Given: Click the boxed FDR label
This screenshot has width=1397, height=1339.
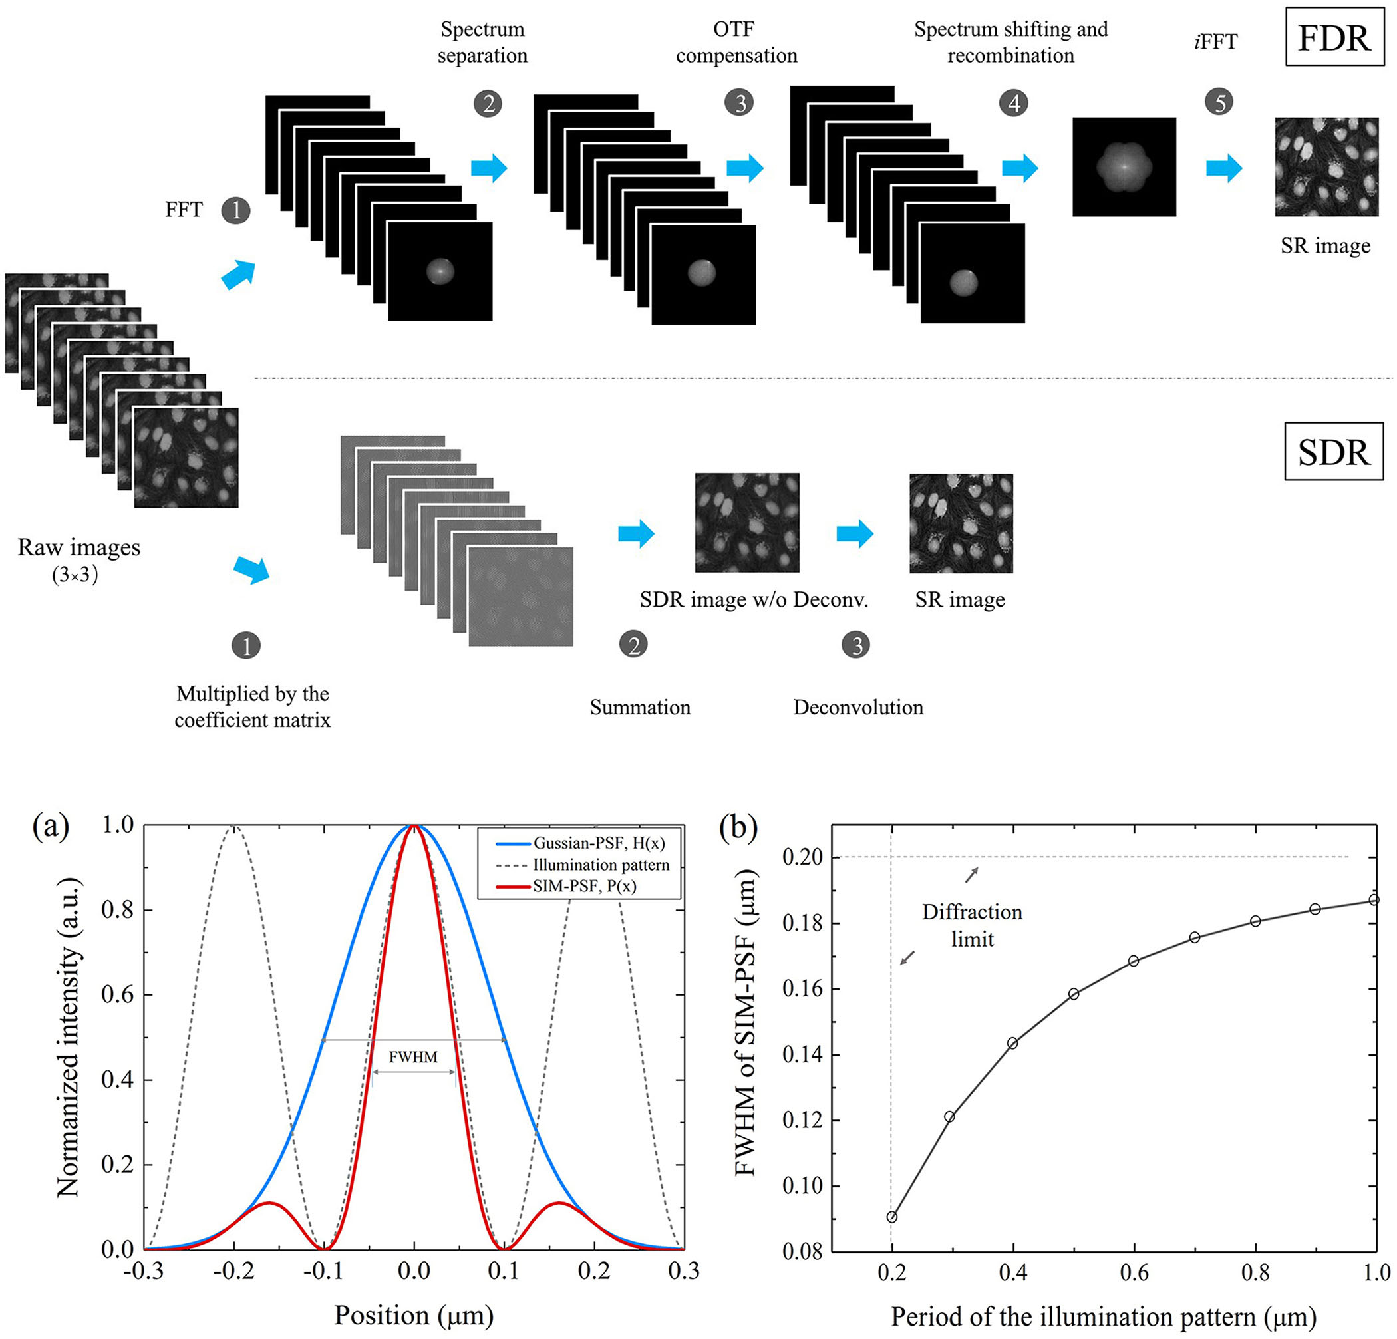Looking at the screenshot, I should tap(1334, 39).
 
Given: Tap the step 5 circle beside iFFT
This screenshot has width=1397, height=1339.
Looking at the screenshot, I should tap(1219, 102).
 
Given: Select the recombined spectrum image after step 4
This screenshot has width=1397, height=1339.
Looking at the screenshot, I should tap(1124, 167).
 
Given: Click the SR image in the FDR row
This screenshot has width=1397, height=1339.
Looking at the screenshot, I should tap(1326, 167).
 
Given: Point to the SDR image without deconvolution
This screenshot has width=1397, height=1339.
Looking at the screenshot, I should tap(747, 522).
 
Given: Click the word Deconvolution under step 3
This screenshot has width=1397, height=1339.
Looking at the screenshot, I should tap(858, 708).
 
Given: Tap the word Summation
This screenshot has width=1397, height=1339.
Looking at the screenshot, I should tap(640, 708).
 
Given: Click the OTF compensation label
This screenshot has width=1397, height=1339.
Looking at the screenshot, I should tap(736, 42).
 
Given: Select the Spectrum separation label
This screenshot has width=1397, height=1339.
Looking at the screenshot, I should tap(482, 42).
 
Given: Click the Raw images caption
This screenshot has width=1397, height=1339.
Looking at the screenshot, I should tap(78, 547).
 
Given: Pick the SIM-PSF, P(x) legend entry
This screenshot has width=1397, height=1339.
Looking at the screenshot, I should tap(585, 886).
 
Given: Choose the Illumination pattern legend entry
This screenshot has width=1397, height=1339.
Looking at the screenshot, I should tap(601, 865).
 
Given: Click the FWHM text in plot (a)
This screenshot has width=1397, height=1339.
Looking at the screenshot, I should tap(413, 1056).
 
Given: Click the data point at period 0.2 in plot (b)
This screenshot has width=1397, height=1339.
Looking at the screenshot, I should tap(891, 1217).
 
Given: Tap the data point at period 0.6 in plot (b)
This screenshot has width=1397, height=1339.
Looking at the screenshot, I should tap(1134, 961).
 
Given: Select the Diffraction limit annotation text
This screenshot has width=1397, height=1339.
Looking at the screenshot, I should tap(972, 926).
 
